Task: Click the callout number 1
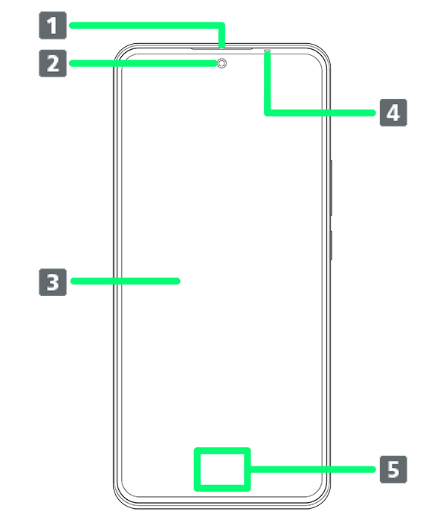[51, 28]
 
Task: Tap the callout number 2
[51, 63]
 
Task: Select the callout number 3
[51, 283]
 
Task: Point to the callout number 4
[393, 114]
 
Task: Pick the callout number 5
[393, 470]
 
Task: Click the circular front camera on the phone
[222, 64]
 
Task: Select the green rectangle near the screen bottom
[221, 469]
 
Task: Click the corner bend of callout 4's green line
[266, 112]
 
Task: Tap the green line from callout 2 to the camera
[164, 64]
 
